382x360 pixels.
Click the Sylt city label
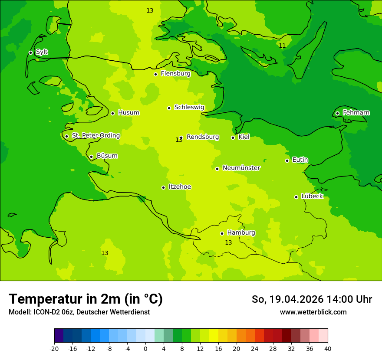click(42, 52)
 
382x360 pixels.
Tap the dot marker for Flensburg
click(155, 74)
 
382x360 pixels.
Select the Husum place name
click(128, 113)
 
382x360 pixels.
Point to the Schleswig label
click(189, 107)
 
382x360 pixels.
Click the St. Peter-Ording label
click(95, 136)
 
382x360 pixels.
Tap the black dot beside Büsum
click(91, 157)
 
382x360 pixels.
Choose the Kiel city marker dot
click(233, 137)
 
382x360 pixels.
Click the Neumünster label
click(241, 168)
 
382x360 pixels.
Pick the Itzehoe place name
click(180, 187)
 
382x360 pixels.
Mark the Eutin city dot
click(287, 160)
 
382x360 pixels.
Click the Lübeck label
click(312, 196)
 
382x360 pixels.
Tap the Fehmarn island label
click(356, 113)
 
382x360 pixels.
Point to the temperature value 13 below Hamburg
click(228, 243)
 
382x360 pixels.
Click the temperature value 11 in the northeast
click(282, 46)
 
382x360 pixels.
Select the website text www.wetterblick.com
click(313, 312)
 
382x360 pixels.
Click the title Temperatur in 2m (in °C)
click(86, 299)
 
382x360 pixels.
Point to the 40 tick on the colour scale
click(328, 349)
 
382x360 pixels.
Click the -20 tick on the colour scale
click(54, 349)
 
